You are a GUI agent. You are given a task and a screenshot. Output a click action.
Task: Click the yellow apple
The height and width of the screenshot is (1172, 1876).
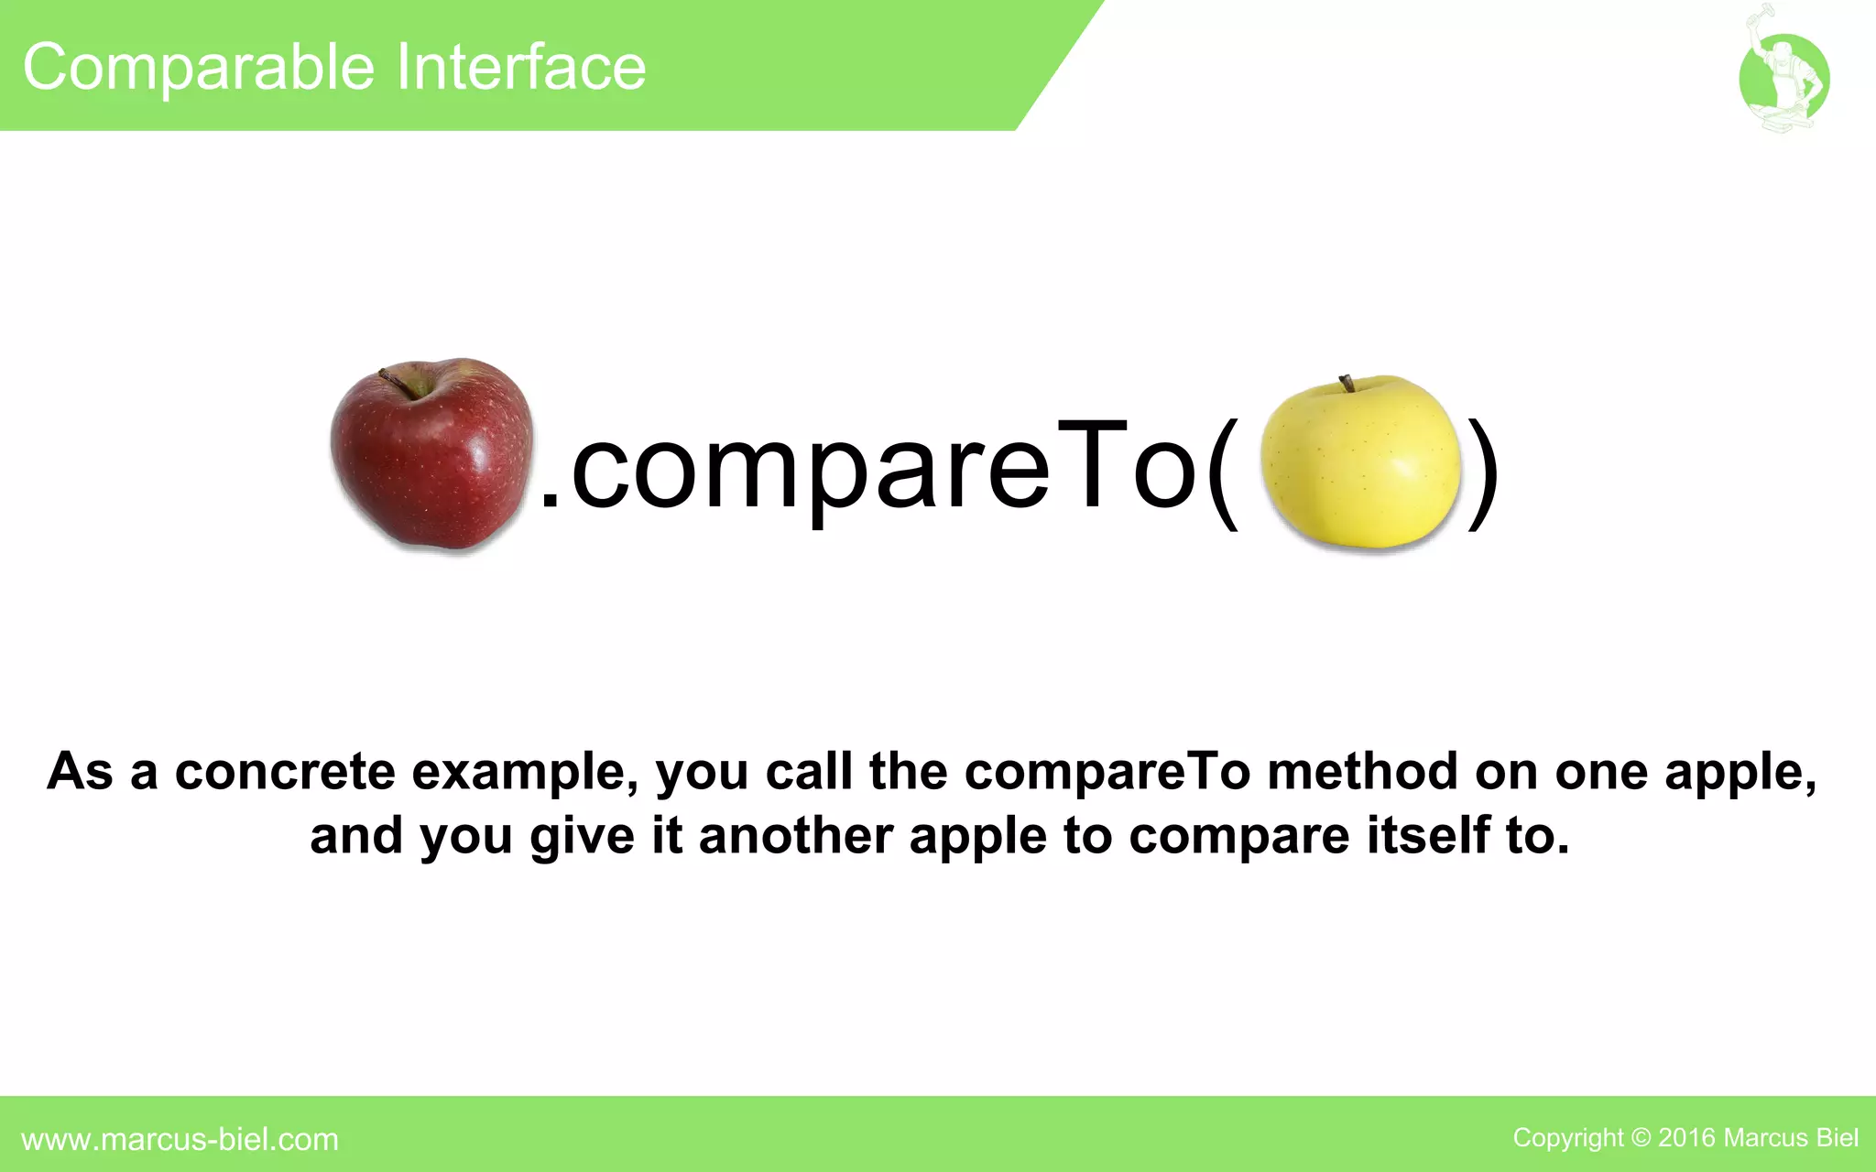click(1360, 463)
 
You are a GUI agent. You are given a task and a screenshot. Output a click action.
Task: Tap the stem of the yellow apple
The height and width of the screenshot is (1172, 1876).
click(1347, 383)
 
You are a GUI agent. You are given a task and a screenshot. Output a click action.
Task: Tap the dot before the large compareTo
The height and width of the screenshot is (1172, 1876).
click(550, 499)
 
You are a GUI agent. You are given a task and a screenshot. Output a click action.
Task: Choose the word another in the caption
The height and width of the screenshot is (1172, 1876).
click(795, 836)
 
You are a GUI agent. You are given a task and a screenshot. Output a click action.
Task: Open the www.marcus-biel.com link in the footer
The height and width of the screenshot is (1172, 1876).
click(180, 1139)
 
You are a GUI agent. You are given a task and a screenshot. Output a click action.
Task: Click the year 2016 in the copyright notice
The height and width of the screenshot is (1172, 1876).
click(1686, 1138)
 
